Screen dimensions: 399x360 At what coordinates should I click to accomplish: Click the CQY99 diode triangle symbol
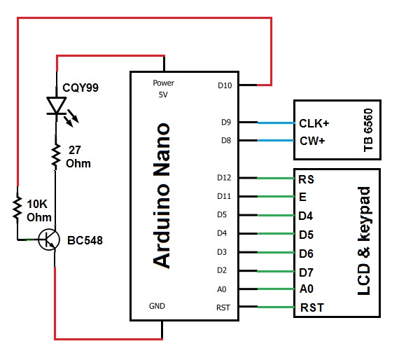click(56, 105)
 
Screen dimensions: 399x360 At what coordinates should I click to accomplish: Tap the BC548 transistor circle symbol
click(49, 240)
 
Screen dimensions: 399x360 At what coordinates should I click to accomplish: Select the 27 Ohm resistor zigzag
click(56, 155)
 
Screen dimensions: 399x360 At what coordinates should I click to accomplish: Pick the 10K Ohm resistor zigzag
click(17, 206)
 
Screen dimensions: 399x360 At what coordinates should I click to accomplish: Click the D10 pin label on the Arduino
click(225, 85)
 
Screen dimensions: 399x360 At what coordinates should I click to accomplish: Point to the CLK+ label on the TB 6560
click(314, 123)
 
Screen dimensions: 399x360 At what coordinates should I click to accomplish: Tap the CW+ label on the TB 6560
click(312, 141)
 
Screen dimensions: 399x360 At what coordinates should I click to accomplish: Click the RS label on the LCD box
click(306, 179)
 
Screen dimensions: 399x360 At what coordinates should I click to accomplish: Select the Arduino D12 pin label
click(224, 178)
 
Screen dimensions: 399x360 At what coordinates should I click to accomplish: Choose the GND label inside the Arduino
click(157, 306)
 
